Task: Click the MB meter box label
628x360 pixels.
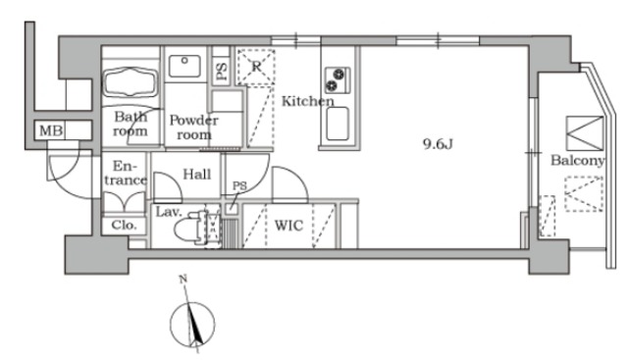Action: coord(51,130)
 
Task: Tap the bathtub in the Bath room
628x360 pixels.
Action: coord(131,82)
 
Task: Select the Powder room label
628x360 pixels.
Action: coord(194,127)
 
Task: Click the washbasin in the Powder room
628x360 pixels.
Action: coord(184,66)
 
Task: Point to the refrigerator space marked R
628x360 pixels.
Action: coord(256,67)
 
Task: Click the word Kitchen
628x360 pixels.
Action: coord(307,101)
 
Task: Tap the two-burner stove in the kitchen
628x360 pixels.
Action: coord(338,80)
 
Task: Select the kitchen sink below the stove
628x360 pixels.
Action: coord(338,124)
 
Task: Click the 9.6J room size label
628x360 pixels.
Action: coord(438,144)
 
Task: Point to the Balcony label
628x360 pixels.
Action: coord(577,161)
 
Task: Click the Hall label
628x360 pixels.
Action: coord(197,175)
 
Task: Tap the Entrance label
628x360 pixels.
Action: coord(126,174)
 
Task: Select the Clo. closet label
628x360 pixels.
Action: coord(124,225)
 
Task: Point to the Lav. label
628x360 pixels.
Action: coord(169,212)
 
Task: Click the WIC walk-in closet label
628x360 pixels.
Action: coord(288,226)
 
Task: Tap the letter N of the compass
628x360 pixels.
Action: coord(183,280)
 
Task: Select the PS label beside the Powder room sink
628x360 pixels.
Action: coord(221,72)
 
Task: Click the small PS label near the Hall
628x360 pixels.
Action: coord(239,185)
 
